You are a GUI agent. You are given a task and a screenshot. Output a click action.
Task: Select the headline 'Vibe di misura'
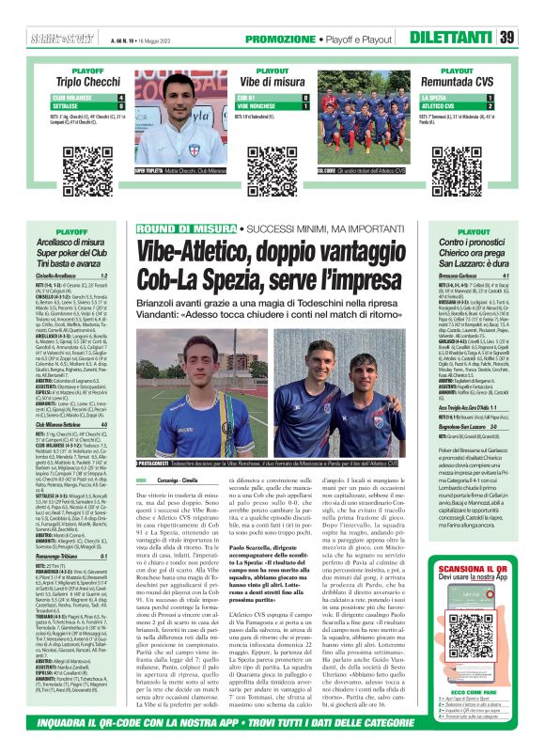pos(272,82)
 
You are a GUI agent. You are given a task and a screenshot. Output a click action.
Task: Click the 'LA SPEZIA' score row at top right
pos(453,98)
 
